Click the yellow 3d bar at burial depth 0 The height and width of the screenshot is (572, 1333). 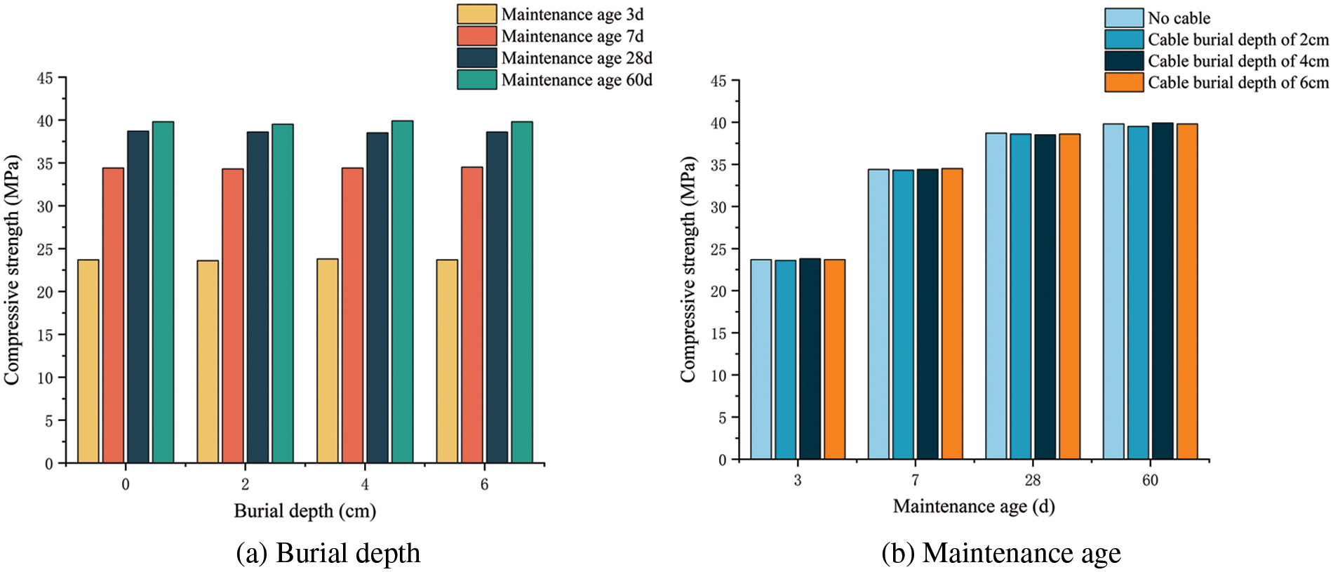click(88, 361)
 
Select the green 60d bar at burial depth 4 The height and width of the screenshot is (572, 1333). click(402, 292)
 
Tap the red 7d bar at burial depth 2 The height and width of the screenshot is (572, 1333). click(233, 316)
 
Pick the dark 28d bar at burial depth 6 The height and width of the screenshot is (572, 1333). click(497, 298)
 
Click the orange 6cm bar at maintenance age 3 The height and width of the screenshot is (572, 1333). click(835, 359)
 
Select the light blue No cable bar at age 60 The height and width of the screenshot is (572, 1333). click(1113, 292)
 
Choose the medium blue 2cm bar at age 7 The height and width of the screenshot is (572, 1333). click(903, 314)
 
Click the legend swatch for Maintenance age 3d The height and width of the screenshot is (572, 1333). click(477, 14)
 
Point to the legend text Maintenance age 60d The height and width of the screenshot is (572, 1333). click(577, 80)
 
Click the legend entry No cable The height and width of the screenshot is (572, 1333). click(1179, 18)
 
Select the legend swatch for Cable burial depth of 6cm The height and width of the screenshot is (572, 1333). click(1124, 83)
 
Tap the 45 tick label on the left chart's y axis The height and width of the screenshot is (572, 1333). click(45, 78)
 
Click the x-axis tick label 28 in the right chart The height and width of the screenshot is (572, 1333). click(1033, 481)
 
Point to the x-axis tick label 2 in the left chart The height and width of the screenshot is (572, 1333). click(245, 484)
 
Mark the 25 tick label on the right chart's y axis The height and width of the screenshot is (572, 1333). click(718, 249)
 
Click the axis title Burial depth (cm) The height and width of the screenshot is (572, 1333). click(304, 511)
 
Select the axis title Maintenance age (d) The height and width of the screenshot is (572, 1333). click(974, 507)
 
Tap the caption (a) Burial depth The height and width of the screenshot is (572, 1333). click(328, 553)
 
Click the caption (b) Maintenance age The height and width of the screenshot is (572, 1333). click(1001, 553)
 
